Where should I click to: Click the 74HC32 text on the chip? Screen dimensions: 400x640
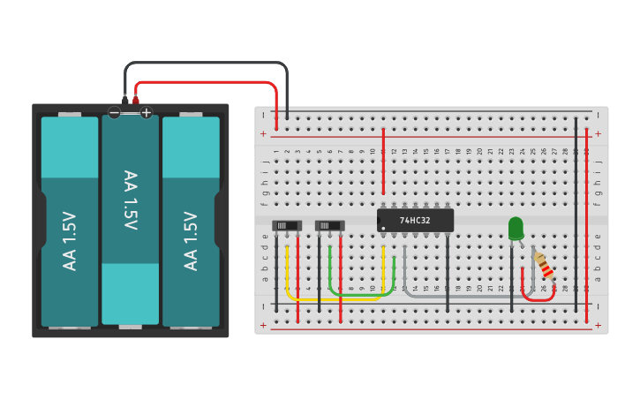pyautogui.click(x=415, y=220)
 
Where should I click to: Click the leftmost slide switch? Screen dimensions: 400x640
pyautogui.click(x=286, y=226)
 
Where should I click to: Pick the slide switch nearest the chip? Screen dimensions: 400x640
pyautogui.click(x=329, y=226)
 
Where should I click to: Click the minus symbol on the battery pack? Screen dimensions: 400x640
pyautogui.click(x=114, y=112)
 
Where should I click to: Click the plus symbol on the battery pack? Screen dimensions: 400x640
pyautogui.click(x=146, y=112)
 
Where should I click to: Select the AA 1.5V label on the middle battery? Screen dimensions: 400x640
pyautogui.click(x=130, y=200)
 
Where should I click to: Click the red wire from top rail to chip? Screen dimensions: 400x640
pyautogui.click(x=383, y=163)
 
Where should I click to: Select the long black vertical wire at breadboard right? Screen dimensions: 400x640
pyautogui.click(x=576, y=212)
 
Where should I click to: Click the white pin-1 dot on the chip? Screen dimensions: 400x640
pyautogui.click(x=383, y=228)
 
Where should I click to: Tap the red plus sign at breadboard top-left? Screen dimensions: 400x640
pyautogui.click(x=262, y=134)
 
